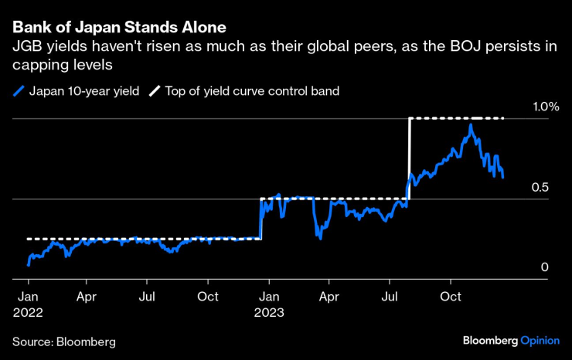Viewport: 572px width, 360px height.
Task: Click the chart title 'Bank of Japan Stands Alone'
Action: pyautogui.click(x=119, y=28)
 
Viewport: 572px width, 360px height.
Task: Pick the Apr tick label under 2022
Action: pyautogui.click(x=87, y=297)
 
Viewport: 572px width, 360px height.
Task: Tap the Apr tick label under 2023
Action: pyautogui.click(x=329, y=297)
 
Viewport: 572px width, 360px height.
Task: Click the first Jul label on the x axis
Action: pyautogui.click(x=148, y=297)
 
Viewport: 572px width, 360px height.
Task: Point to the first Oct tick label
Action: pyautogui.click(x=209, y=297)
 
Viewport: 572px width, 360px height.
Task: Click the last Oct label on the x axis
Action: pyautogui.click(x=451, y=297)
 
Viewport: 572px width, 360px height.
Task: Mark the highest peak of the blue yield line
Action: pyautogui.click(x=471, y=124)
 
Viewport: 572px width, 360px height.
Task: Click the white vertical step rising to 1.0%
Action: pyautogui.click(x=409, y=158)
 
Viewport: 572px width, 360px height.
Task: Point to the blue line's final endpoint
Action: pyautogui.click(x=503, y=178)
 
